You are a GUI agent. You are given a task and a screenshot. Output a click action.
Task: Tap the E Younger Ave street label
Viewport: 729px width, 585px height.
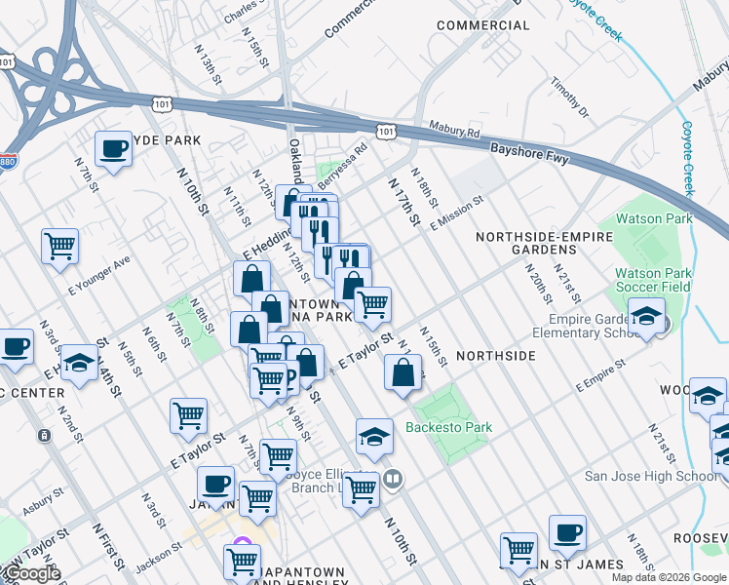[x=98, y=277]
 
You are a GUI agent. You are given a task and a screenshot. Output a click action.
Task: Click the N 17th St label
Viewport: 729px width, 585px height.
[x=403, y=202]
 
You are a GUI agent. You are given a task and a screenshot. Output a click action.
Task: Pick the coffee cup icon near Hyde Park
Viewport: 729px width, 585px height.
[x=114, y=149]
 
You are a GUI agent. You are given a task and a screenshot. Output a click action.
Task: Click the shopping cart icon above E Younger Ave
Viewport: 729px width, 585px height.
[x=60, y=245]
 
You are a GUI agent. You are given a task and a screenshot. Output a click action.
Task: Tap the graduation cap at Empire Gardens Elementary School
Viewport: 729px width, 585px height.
[x=645, y=316]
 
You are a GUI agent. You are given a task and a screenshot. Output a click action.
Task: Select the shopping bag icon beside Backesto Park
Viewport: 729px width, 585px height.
[x=403, y=372]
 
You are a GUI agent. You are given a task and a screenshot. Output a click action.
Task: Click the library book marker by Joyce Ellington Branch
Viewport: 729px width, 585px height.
[x=392, y=479]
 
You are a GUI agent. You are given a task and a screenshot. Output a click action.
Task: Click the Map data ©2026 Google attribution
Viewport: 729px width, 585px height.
[x=668, y=577]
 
